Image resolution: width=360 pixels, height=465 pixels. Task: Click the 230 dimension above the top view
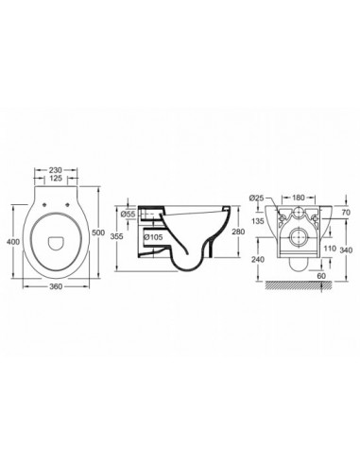pyautogui.click(x=56, y=170)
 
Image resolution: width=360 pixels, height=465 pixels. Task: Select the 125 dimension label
pyautogui.click(x=56, y=179)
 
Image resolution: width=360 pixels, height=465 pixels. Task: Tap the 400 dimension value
pyautogui.click(x=13, y=242)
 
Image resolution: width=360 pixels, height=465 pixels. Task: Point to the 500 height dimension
pyautogui.click(x=98, y=232)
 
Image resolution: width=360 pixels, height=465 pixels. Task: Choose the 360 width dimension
pyautogui.click(x=56, y=286)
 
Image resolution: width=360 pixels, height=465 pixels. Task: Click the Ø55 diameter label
pyautogui.click(x=129, y=215)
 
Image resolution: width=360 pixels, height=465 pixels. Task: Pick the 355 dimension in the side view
pyautogui.click(x=118, y=235)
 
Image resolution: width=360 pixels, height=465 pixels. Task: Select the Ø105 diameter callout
pyautogui.click(x=154, y=237)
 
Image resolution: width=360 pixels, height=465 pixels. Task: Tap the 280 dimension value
pyautogui.click(x=238, y=232)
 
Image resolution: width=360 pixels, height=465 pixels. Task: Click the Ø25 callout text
pyautogui.click(x=256, y=198)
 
